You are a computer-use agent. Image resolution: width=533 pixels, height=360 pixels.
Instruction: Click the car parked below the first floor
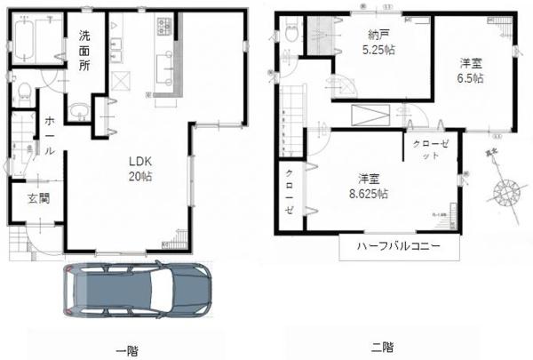click(138, 290)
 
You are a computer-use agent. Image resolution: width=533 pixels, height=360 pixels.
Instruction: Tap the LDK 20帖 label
click(141, 168)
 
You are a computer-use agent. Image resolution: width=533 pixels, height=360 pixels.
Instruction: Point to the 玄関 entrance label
click(36, 198)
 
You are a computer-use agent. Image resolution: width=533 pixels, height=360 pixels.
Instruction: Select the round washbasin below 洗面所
click(81, 111)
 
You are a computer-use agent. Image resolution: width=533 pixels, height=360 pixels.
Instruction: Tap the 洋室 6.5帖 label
click(471, 70)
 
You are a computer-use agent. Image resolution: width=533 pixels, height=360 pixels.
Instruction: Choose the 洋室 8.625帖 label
click(366, 185)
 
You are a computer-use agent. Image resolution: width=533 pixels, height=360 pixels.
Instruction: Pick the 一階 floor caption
click(126, 348)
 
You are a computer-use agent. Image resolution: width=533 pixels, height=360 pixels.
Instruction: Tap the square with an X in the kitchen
click(123, 83)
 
